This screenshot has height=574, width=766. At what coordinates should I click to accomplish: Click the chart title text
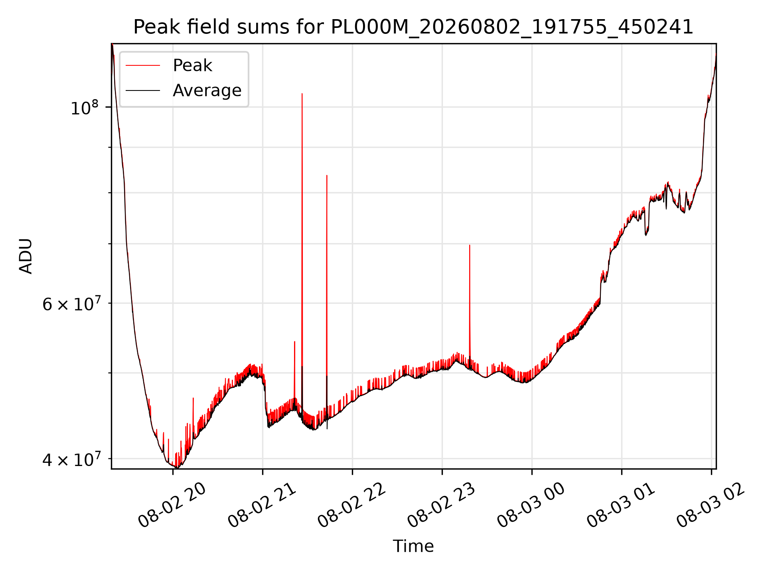pos(413,27)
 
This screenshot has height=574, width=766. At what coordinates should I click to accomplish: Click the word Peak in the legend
pos(192,65)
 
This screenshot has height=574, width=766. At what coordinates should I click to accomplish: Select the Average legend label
pos(207,90)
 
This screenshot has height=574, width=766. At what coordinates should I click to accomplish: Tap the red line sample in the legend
pos(143,65)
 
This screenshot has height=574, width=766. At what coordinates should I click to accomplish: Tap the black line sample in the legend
pos(143,90)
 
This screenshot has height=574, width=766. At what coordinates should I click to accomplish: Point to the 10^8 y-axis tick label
pos(84,108)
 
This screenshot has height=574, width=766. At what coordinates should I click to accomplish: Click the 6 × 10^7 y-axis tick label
pos(70,304)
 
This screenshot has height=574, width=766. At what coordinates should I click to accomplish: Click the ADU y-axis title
pos(26,256)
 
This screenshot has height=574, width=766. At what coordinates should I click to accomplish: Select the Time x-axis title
pos(413,546)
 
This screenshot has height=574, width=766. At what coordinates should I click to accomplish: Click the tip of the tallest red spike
pos(302,94)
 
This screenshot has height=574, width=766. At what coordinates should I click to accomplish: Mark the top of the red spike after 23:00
pos(470,245)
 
